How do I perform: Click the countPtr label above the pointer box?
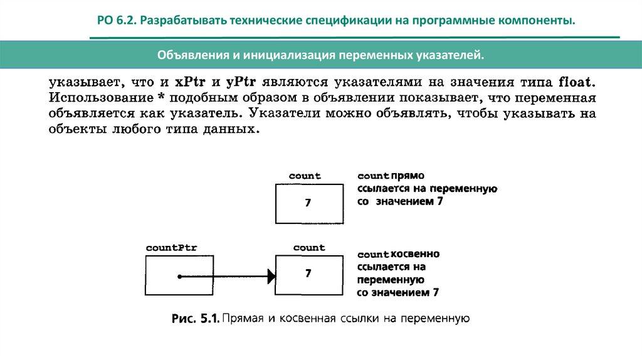[x=171, y=248]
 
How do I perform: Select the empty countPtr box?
[x=179, y=276]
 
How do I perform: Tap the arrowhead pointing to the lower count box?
[x=271, y=276]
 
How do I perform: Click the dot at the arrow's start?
[x=179, y=276]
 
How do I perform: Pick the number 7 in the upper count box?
[x=308, y=203]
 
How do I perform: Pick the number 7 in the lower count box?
[x=308, y=273]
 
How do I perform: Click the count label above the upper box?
[x=305, y=176]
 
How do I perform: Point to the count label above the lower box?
[x=309, y=248]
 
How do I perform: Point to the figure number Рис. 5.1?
[x=194, y=319]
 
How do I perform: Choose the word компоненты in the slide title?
[x=544, y=21]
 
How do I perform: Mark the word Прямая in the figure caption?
[x=241, y=319]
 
